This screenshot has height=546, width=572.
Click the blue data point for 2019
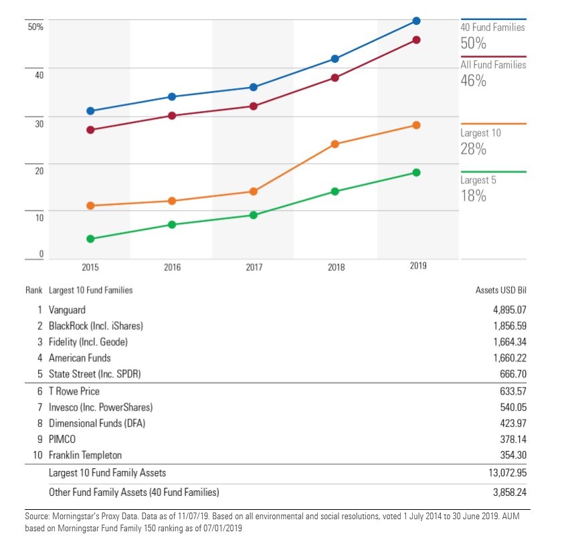416,21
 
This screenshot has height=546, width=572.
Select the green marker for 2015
90,239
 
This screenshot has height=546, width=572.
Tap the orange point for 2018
335,144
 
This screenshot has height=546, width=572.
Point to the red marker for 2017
254,106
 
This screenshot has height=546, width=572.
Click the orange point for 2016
171,201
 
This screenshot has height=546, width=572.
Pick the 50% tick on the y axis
35,27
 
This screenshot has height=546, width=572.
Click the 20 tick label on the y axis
39,171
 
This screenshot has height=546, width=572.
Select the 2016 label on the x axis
172,267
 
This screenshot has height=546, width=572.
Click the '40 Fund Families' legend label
492,27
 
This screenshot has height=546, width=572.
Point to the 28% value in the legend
473,149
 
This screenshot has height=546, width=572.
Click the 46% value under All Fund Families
473,81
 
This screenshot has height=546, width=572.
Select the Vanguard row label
67,310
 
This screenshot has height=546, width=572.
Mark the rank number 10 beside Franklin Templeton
38,455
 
